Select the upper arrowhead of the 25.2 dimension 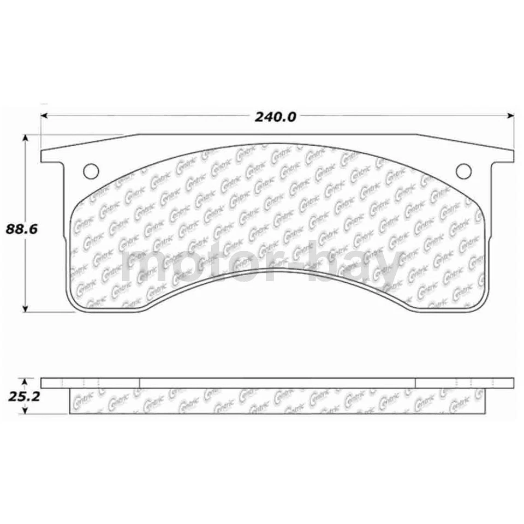pos(25,380)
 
